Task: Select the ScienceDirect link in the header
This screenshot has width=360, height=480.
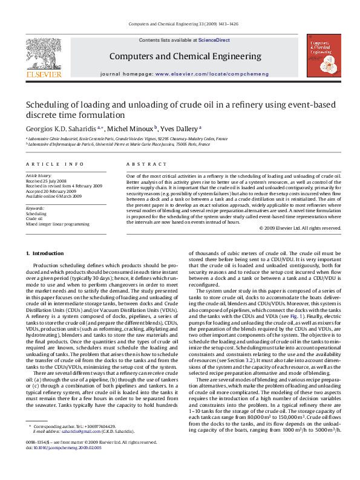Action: pyautogui.click(x=214, y=40)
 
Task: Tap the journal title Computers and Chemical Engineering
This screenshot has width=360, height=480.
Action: pyautogui.click(x=185, y=56)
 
